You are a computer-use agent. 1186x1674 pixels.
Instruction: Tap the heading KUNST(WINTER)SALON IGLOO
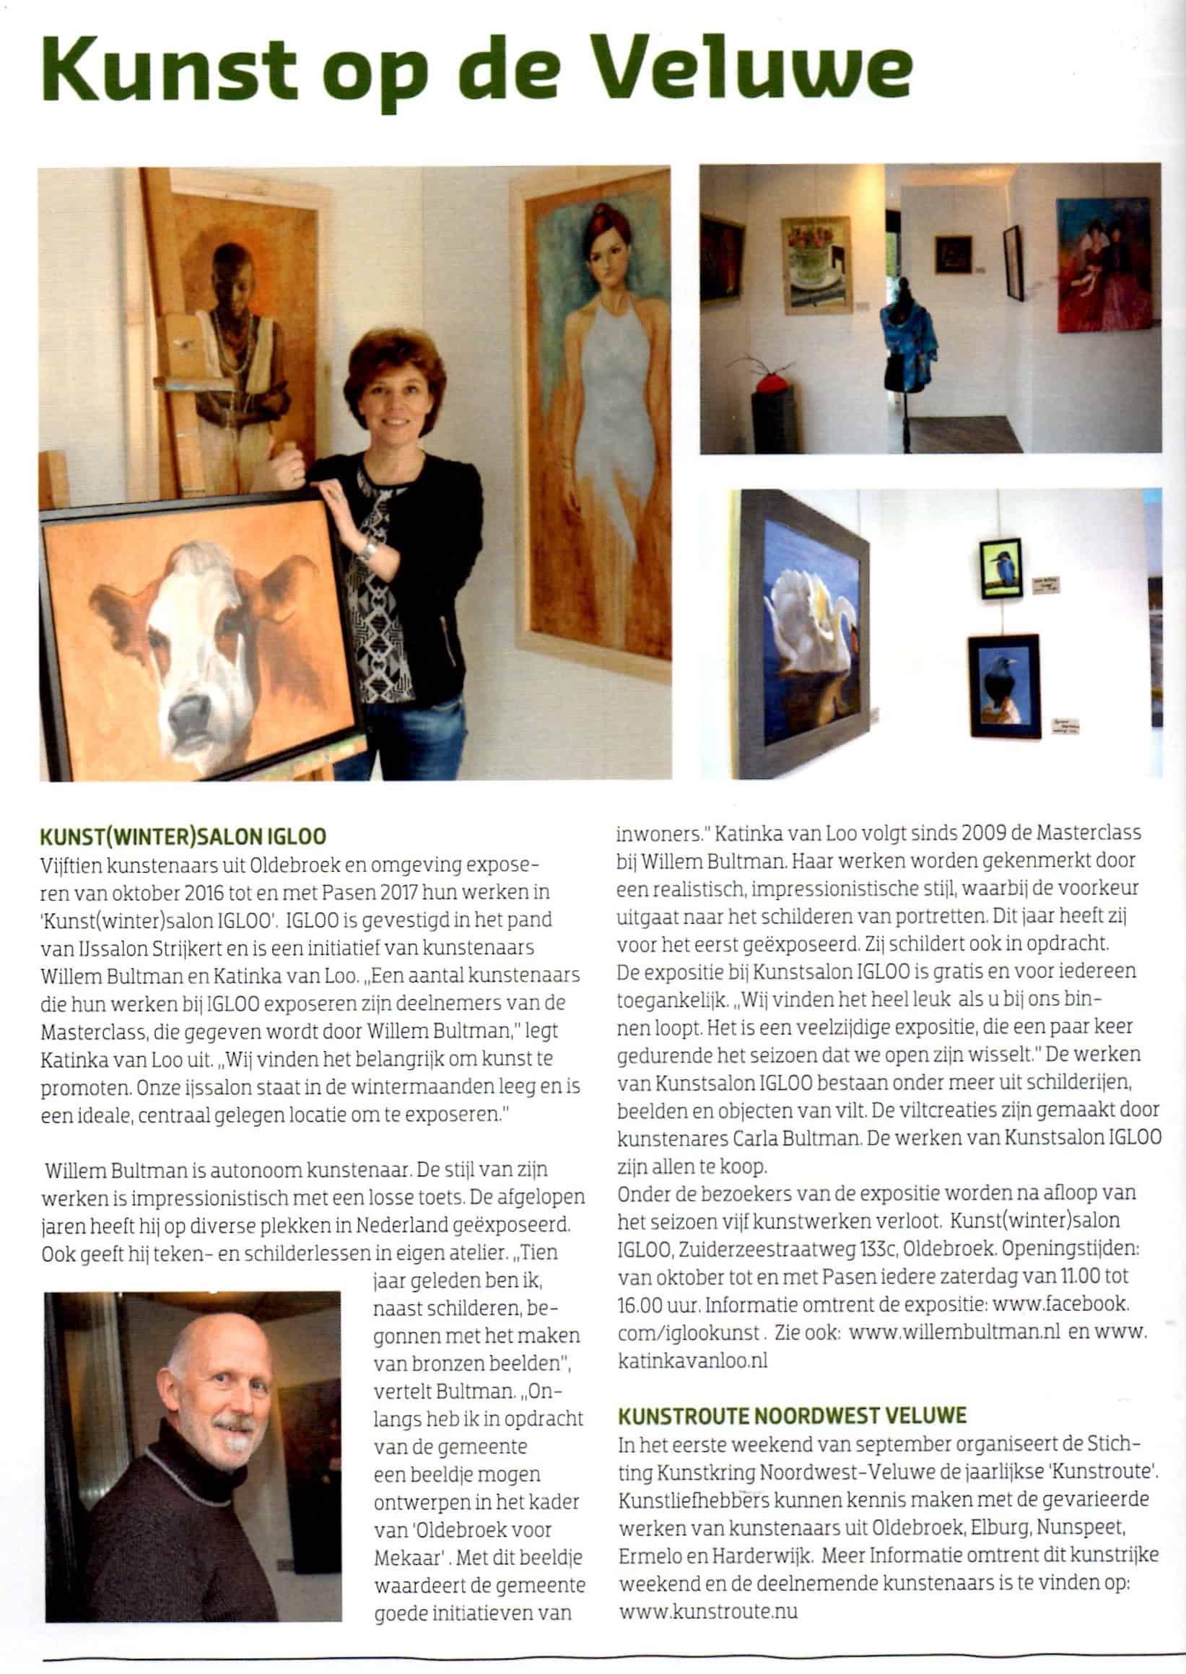tap(183, 836)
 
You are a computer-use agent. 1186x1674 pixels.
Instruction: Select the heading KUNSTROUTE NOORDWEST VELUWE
tap(793, 1416)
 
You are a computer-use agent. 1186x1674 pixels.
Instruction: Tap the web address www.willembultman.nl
tap(954, 1330)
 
